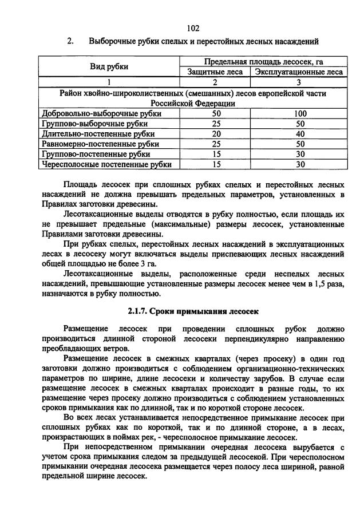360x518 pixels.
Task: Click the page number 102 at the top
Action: (x=192, y=28)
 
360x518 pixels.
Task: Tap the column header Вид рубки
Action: (x=109, y=66)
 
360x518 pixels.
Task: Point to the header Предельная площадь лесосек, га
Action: (x=260, y=61)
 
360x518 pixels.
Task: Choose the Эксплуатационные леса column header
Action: (x=299, y=72)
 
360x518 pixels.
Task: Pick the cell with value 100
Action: (x=299, y=113)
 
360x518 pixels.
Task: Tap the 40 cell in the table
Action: (x=299, y=134)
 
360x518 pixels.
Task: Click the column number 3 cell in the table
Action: (x=299, y=82)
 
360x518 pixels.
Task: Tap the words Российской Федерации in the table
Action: (x=192, y=103)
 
